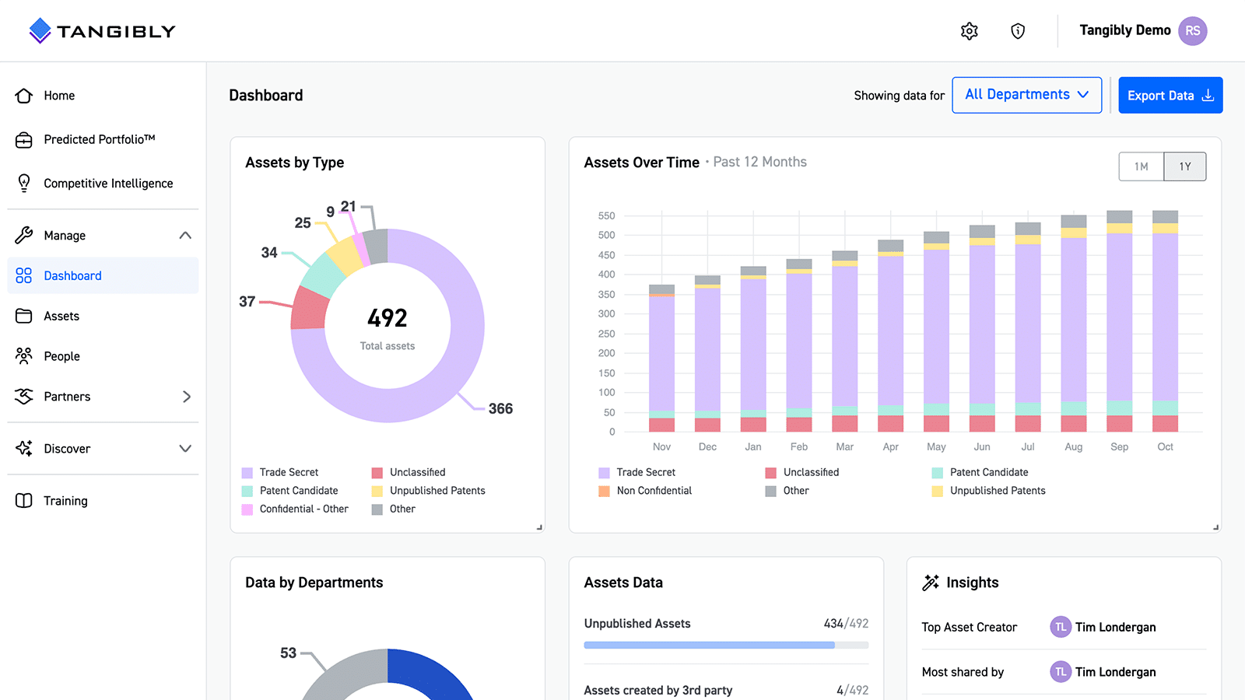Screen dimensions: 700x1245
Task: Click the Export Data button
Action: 1170,95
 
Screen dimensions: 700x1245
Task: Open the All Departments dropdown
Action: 1026,95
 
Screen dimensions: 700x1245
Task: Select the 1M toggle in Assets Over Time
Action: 1141,166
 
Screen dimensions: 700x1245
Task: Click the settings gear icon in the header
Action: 969,31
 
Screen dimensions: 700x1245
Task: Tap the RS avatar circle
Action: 1192,31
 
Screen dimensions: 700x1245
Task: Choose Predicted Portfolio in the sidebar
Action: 99,139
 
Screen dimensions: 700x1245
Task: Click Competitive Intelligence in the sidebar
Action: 108,184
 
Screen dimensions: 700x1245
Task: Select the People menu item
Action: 61,356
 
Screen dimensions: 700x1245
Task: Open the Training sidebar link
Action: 65,501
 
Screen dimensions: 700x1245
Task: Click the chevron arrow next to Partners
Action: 186,397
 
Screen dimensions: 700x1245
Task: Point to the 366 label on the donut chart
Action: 500,408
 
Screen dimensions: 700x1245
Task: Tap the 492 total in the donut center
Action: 387,318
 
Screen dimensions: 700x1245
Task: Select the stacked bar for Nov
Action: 661,358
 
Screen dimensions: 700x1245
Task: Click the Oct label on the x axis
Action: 1165,446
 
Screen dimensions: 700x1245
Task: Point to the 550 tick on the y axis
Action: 606,215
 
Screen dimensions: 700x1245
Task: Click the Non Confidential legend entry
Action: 654,491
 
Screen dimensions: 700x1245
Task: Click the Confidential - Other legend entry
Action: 303,509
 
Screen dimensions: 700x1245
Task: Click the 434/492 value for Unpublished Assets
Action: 846,624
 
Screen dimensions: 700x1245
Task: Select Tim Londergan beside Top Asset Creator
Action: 1115,627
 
